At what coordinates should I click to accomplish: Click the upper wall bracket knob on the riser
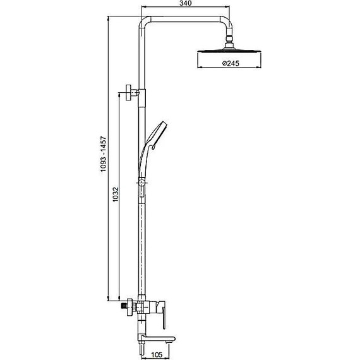click(x=130, y=92)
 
